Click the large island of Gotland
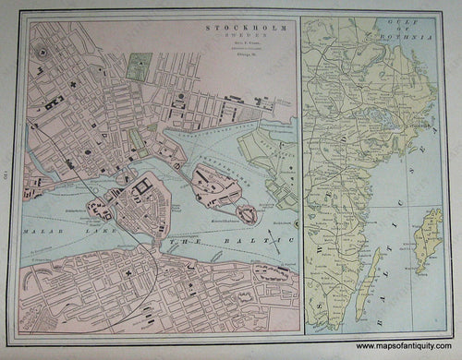pos(428,240)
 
